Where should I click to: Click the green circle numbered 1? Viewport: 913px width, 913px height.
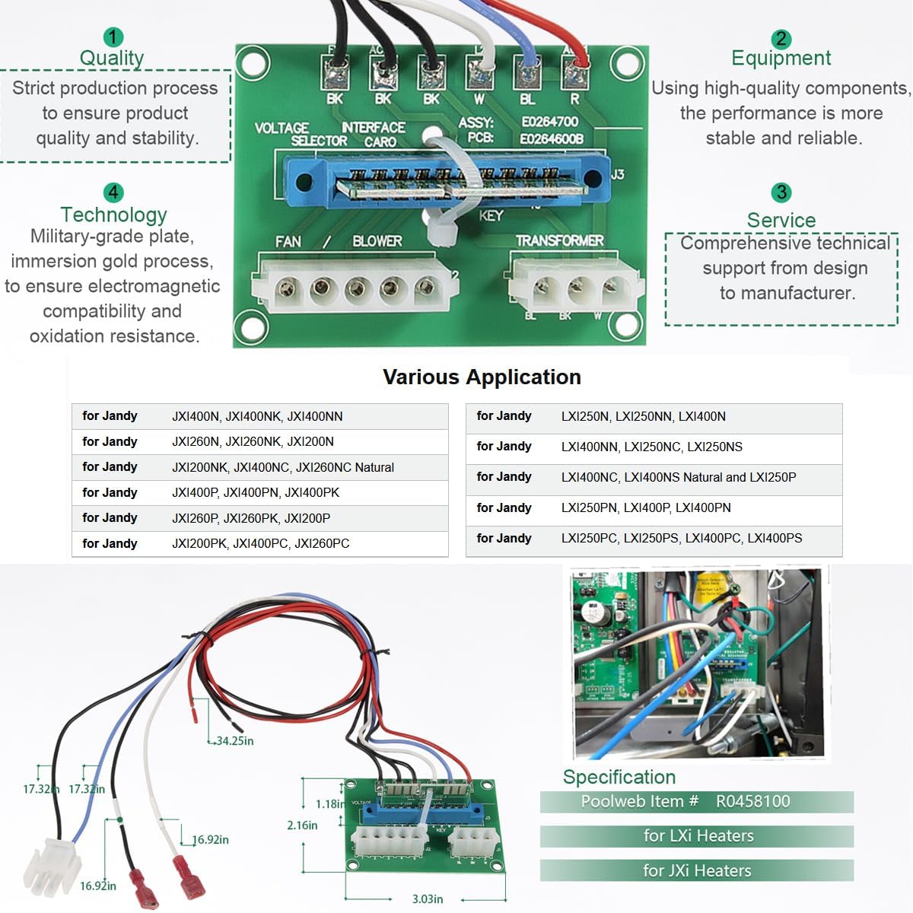pos(113,37)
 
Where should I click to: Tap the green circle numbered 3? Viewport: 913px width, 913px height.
pos(781,192)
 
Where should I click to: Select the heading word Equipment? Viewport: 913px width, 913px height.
pos(781,59)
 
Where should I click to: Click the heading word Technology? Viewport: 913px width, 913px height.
pos(113,215)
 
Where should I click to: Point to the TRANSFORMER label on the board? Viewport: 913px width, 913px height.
pos(559,240)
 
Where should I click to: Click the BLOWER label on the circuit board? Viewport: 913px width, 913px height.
pos(377,241)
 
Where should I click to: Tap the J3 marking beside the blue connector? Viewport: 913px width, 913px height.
pos(617,175)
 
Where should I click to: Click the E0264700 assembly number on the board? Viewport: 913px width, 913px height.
pos(549,122)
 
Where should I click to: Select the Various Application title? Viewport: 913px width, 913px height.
pos(482,377)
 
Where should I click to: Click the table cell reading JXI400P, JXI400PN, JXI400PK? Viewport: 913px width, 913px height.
pos(256,493)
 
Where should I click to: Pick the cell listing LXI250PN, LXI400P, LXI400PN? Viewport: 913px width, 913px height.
pos(646,508)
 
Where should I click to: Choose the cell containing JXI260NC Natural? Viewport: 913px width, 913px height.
pos(283,467)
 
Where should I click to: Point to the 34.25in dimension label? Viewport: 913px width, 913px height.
pos(234,741)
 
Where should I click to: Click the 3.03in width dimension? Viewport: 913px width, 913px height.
pos(428,899)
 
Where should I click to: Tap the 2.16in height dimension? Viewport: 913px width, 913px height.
pos(302,826)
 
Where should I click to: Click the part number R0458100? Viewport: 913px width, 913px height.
pos(752,801)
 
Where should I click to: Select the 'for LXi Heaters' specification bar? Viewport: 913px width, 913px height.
pos(698,836)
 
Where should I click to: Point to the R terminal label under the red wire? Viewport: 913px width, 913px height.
pos(574,99)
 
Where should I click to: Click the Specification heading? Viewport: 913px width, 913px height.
pos(619,777)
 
